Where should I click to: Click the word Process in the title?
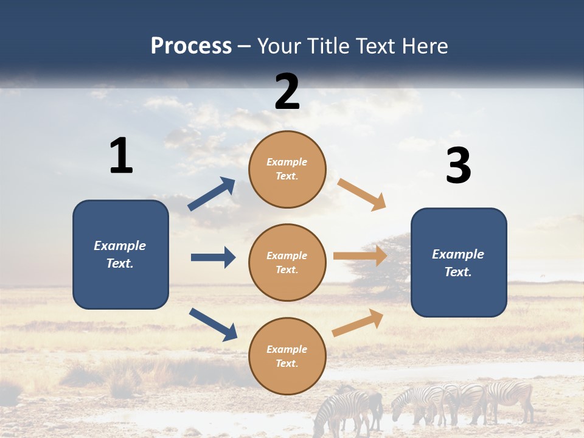(x=191, y=46)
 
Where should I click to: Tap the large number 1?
(x=121, y=156)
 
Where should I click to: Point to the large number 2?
(x=287, y=92)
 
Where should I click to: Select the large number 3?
(x=458, y=166)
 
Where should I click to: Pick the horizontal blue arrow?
(x=213, y=257)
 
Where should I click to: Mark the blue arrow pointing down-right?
(x=213, y=324)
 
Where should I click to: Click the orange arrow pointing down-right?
(x=362, y=194)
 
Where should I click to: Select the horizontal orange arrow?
(x=360, y=255)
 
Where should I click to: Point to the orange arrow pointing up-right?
(x=358, y=322)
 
